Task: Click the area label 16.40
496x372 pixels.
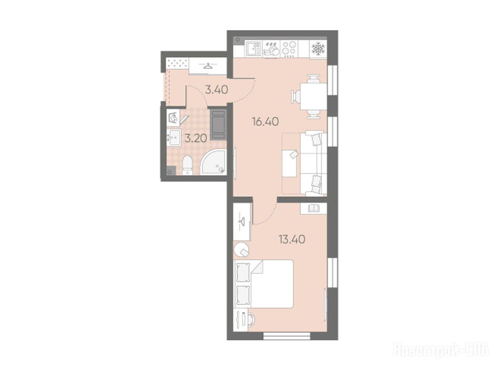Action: pos(265,121)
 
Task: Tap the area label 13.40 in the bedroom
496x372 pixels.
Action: pos(292,239)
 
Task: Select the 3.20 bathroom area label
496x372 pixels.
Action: pos(196,138)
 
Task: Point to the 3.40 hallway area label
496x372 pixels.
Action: pos(216,90)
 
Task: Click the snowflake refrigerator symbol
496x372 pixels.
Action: pos(318,48)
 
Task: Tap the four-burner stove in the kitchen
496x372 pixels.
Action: pos(289,49)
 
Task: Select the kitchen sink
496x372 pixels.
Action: pos(253,49)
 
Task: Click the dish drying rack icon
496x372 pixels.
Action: pos(271,49)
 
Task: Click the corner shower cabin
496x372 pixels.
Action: pos(214,162)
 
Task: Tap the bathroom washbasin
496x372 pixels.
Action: pos(173,138)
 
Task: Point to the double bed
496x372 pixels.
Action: pos(264,283)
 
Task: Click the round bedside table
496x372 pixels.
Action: pos(242,250)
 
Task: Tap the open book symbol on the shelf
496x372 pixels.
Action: pos(314,208)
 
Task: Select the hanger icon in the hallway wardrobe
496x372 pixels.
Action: pos(208,66)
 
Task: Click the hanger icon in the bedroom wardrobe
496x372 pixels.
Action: pos(243,220)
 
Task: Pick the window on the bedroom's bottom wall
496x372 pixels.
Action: pos(287,336)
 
